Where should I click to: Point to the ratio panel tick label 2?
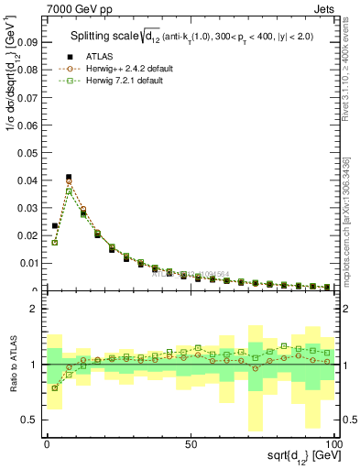click(x=35, y=310)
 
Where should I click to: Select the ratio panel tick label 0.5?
click(x=30, y=420)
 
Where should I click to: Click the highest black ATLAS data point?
click(x=69, y=177)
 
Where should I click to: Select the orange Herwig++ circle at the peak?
click(x=69, y=182)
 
